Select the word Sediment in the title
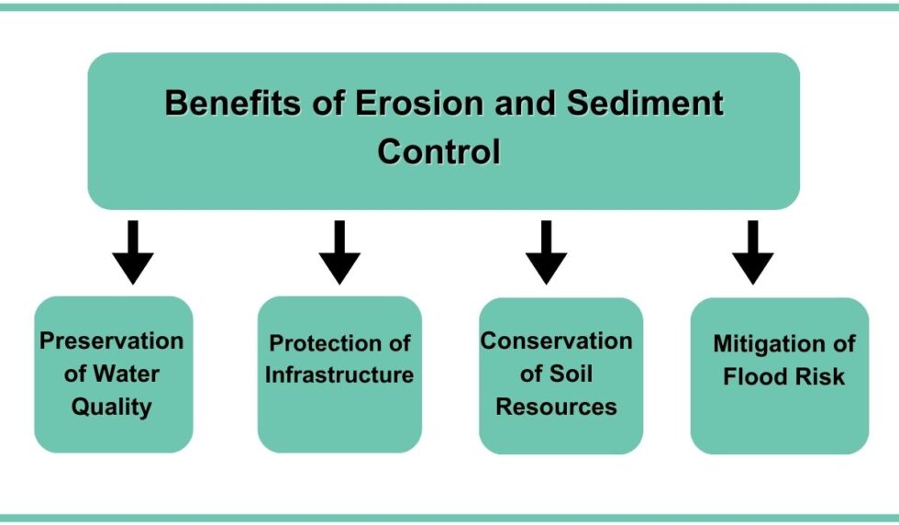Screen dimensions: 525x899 (645, 103)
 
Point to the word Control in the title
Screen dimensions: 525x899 (438, 151)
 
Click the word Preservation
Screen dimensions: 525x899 (112, 341)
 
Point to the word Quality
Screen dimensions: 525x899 (111, 407)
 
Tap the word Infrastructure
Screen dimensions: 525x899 (339, 375)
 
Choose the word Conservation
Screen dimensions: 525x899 (557, 341)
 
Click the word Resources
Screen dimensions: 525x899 (557, 407)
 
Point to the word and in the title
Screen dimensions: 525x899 (527, 103)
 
